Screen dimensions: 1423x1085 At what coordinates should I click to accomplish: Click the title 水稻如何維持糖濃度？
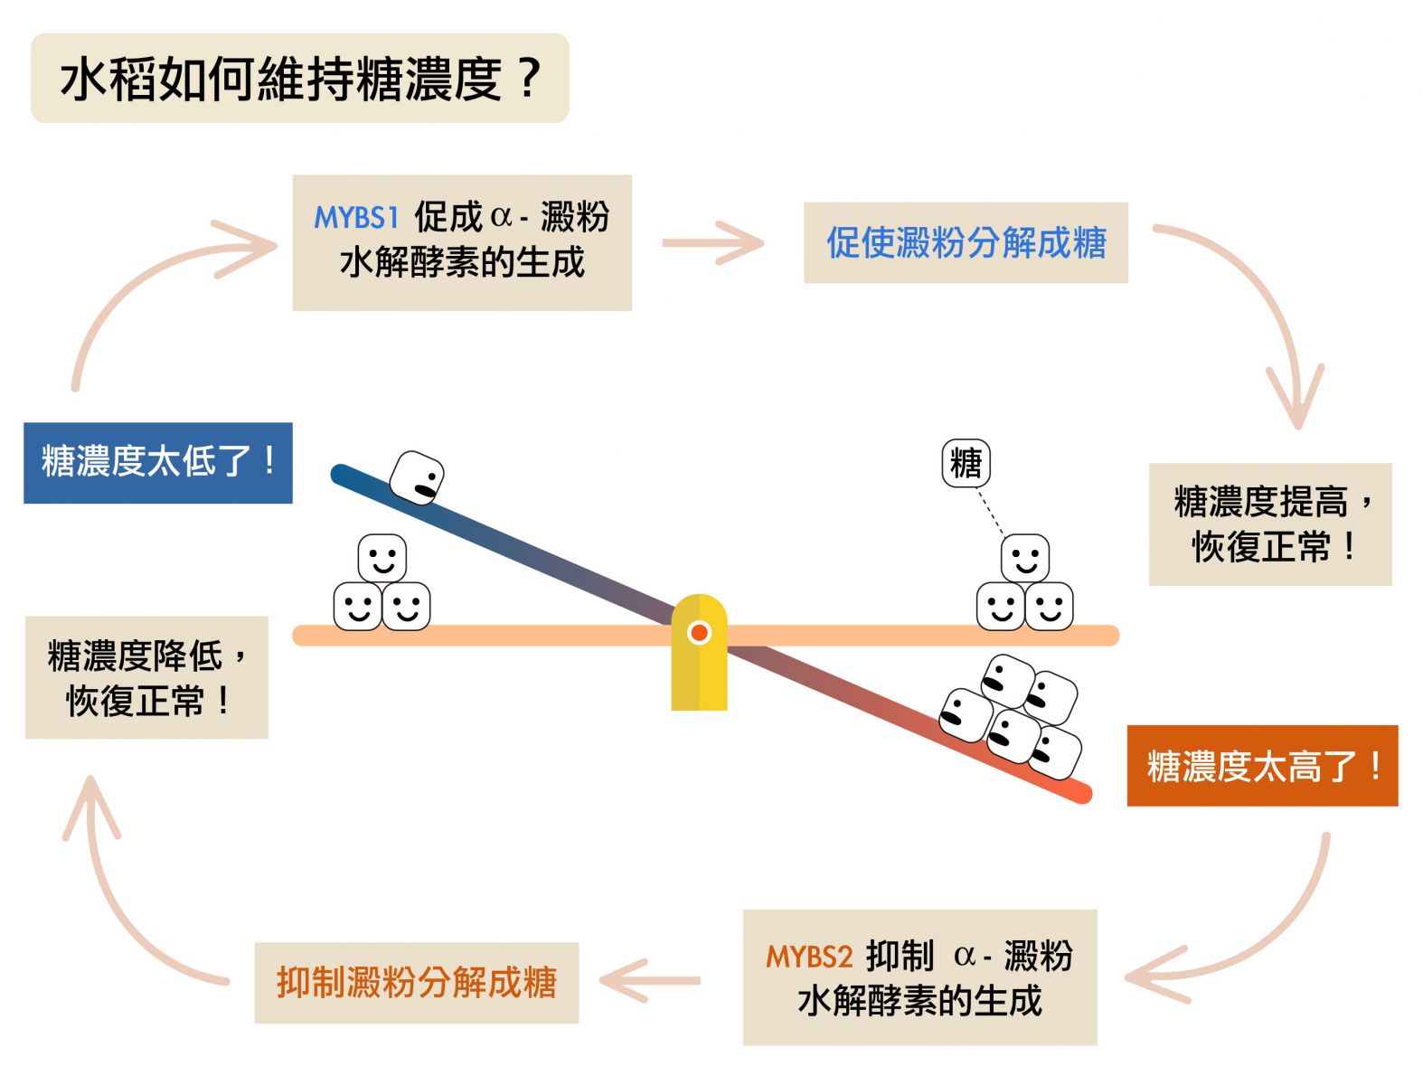pos(299,79)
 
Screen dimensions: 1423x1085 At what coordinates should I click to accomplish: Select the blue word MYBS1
pos(356,218)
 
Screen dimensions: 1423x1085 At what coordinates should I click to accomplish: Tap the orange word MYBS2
pos(808,957)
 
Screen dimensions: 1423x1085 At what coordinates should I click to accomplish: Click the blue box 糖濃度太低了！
pos(157,462)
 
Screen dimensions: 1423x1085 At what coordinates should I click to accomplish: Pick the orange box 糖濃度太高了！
pos(1261,766)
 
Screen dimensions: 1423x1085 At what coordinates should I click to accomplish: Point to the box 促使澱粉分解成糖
pos(966,242)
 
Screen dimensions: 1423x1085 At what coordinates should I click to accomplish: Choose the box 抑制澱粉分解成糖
pos(416,983)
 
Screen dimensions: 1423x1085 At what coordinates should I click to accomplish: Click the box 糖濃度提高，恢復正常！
pos(1270,524)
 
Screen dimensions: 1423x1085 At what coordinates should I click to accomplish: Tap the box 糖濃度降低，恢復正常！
pos(146,677)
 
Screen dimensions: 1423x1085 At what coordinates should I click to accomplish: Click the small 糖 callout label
pos(966,464)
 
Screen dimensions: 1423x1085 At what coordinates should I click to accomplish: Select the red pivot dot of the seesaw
pos(699,632)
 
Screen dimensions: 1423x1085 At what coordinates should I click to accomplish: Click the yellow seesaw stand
pos(699,652)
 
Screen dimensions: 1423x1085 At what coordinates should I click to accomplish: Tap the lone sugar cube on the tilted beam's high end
pos(417,477)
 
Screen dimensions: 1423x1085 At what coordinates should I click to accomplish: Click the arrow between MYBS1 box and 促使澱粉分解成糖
pos(712,243)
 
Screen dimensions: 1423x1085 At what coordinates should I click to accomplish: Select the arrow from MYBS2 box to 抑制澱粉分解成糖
pos(650,981)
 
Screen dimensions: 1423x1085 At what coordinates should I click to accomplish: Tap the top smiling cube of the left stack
pos(382,558)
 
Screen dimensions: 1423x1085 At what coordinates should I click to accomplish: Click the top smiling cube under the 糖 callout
pos(1024,558)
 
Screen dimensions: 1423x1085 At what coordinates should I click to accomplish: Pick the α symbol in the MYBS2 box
pos(964,956)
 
